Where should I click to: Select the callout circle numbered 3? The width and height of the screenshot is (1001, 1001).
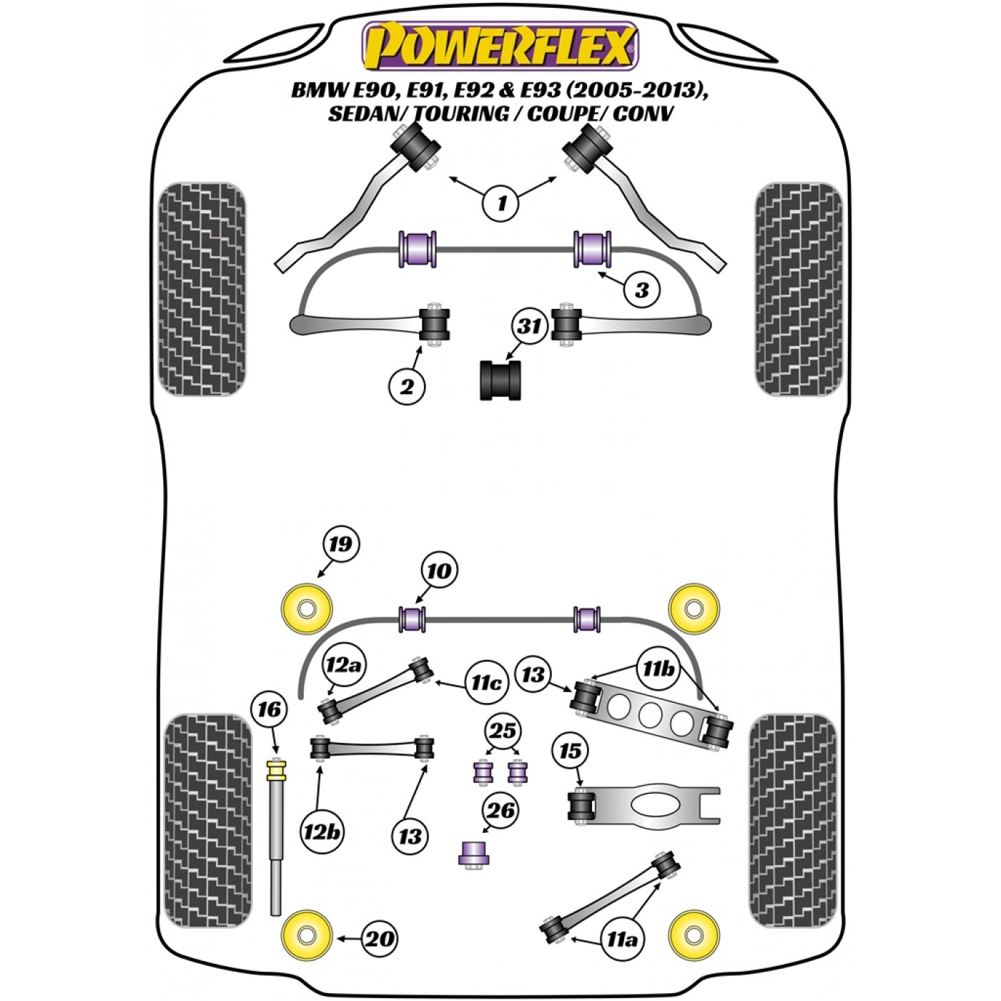point(642,290)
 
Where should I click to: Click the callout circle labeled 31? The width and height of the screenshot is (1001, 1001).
point(529,327)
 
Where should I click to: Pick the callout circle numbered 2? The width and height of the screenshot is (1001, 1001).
point(407,387)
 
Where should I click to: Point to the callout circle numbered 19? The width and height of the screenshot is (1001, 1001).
point(341,544)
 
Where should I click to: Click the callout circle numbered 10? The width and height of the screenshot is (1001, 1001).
point(439,572)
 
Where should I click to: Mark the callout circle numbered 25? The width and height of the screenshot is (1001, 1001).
point(503,731)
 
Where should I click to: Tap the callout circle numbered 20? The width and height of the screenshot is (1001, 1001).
point(378,940)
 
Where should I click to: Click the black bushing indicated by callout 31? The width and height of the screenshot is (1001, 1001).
point(500,380)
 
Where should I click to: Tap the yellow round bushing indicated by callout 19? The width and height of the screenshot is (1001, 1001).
point(307,608)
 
